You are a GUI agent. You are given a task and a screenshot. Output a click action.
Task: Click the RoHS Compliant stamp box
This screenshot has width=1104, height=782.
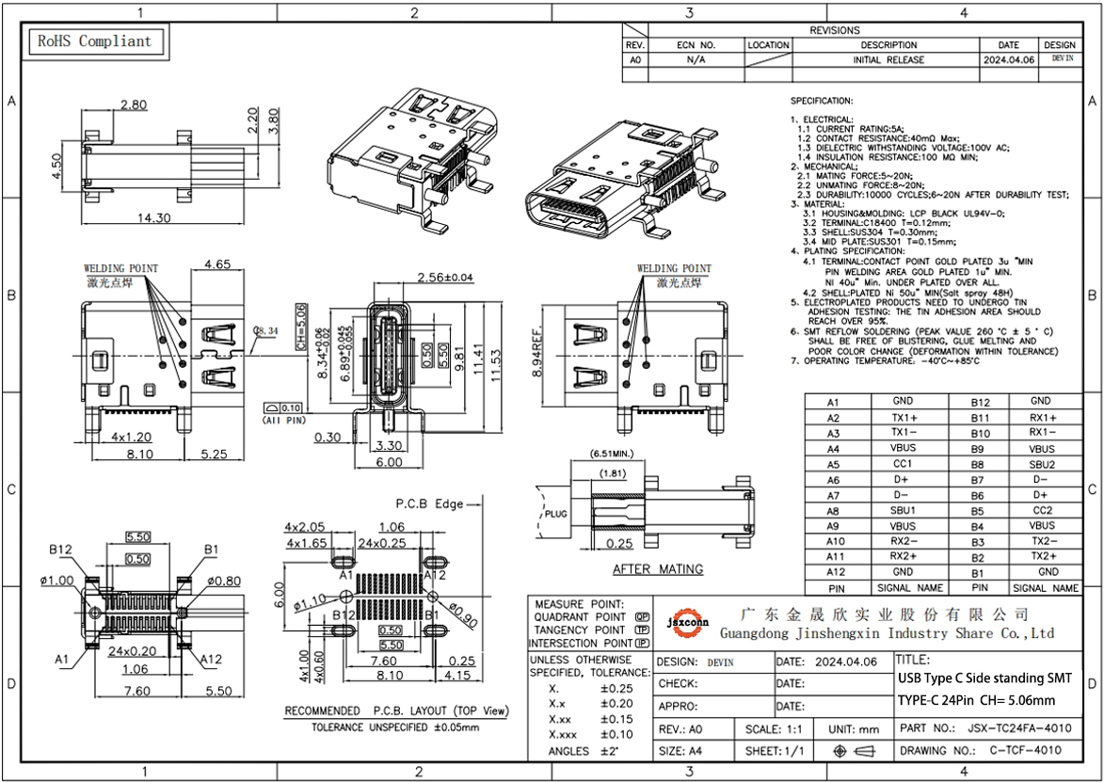point(93,41)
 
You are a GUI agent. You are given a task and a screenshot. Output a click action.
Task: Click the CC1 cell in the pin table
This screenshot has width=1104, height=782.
point(903,464)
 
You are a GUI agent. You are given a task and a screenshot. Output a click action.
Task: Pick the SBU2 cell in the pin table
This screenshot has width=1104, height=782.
point(1041,464)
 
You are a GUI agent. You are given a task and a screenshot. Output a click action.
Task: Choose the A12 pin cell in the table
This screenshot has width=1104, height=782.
point(833,571)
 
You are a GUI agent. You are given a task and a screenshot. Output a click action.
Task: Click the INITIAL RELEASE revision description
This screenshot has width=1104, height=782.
point(888,59)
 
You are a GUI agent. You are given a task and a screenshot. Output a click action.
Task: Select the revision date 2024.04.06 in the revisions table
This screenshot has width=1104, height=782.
point(1008,59)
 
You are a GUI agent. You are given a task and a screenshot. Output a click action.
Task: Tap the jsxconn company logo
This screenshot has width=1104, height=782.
point(688,622)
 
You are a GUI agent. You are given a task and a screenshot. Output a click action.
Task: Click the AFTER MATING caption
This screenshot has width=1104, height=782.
point(658,569)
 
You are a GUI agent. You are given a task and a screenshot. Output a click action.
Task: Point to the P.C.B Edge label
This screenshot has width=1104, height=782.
point(429,504)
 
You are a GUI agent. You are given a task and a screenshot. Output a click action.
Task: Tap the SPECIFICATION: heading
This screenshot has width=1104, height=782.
point(821,100)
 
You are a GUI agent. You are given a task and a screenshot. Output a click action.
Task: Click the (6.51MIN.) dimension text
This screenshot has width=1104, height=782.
point(616,453)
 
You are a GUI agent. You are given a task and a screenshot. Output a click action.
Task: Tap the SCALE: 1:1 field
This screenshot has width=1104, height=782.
point(773,729)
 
